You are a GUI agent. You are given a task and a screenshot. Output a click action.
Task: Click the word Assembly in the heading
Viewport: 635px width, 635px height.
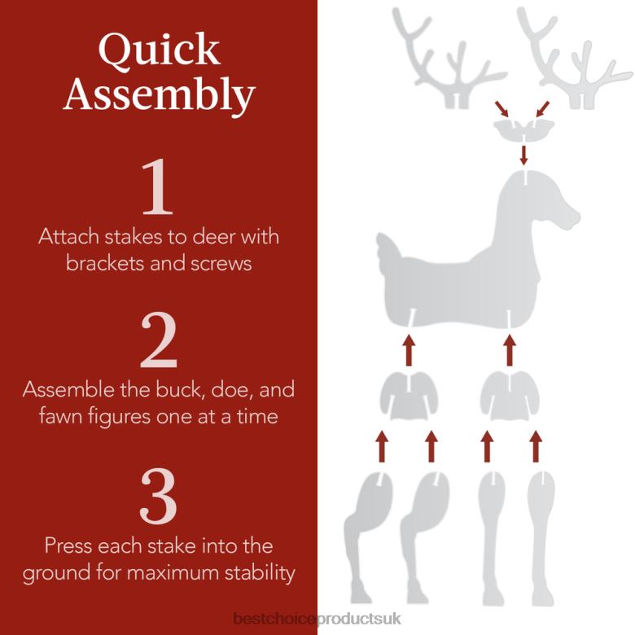(158, 94)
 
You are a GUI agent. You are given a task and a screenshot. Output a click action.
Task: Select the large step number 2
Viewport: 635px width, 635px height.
(158, 341)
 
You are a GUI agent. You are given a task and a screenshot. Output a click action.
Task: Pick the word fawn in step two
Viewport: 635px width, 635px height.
(63, 417)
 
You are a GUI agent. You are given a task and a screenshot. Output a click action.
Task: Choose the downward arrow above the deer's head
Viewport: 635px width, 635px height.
(523, 153)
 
